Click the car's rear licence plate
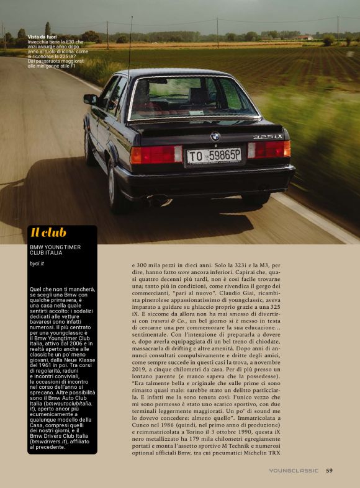214,156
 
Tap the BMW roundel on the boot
215,136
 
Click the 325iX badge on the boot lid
268,136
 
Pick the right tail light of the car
269,149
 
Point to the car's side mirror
91,99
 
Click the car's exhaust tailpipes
158,200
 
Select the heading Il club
48,233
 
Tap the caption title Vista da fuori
44,37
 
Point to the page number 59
329,470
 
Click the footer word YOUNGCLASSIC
294,470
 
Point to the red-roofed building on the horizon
304,37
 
